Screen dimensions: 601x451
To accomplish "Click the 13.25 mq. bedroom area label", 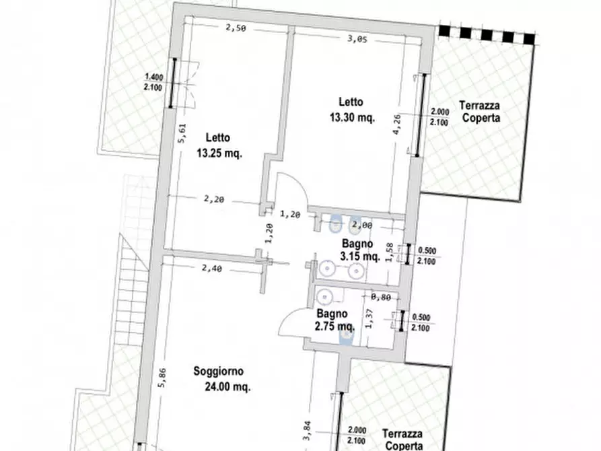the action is click(219, 153).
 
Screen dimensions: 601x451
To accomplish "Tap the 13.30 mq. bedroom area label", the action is click(353, 117).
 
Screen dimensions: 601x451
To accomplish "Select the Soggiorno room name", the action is click(219, 371).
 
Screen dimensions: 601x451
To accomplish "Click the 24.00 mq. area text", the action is click(227, 387).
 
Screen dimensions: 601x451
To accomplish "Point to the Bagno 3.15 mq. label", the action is click(360, 250).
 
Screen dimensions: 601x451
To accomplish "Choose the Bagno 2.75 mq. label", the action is click(334, 320).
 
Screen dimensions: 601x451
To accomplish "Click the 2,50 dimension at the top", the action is click(236, 28).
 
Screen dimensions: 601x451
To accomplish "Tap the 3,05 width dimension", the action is click(357, 39).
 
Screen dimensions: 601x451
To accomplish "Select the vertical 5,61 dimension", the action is click(182, 133).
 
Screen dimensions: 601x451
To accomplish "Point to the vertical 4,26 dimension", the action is click(396, 125).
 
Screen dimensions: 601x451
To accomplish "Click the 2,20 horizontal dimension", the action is click(214, 199).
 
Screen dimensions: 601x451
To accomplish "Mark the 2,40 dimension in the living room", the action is click(212, 269).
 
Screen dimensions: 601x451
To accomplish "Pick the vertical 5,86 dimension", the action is click(162, 378).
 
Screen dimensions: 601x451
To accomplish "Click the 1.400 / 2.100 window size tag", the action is click(153, 82).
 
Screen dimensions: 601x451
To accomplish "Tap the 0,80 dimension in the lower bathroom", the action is click(381, 296).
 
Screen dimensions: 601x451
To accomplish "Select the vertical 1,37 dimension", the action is click(369, 318).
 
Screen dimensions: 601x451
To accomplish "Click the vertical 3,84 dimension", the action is click(307, 431).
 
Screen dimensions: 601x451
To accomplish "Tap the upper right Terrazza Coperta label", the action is click(480, 111).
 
